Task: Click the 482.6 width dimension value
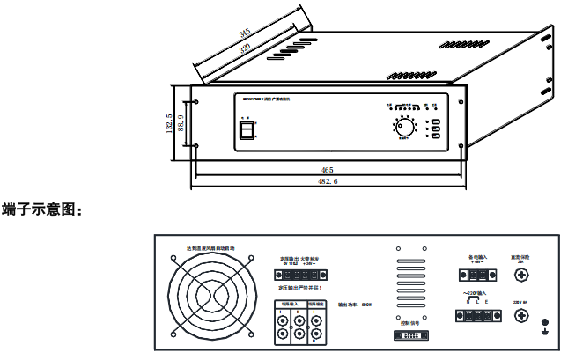[327, 181]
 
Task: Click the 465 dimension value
[327, 169]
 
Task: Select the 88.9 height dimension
[181, 126]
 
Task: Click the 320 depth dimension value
[246, 45]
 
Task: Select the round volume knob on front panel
[404, 128]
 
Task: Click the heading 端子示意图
[42, 209]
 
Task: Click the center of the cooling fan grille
[209, 298]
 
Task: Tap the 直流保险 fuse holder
[520, 276]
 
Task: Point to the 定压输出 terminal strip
[299, 273]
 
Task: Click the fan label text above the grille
[209, 248]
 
